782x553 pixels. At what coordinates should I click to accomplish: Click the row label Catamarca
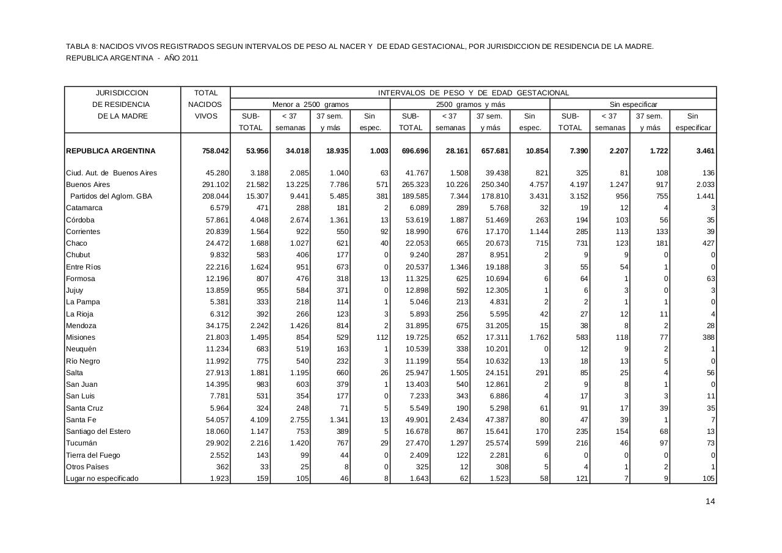[84, 208]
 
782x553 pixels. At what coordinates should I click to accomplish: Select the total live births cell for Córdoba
[217, 220]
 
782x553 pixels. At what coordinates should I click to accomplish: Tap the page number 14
[710, 502]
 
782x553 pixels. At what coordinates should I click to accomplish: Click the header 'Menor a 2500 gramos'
[310, 104]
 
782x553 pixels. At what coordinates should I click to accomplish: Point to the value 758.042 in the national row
[216, 151]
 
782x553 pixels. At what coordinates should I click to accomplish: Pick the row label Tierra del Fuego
[93, 455]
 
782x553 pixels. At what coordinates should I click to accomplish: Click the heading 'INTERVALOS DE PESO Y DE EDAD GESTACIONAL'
[473, 93]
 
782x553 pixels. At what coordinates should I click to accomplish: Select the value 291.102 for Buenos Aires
[216, 185]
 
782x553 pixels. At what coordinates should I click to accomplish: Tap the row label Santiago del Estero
[98, 431]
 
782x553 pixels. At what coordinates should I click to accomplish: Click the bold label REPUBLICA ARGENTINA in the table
[111, 151]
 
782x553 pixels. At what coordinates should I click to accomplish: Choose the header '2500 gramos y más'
[470, 104]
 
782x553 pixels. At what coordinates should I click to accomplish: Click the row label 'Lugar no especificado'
[102, 478]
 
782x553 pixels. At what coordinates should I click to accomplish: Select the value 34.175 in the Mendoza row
[217, 326]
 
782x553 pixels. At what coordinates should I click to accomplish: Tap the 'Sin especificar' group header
[633, 104]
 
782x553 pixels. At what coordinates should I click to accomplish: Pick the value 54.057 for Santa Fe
[217, 420]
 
